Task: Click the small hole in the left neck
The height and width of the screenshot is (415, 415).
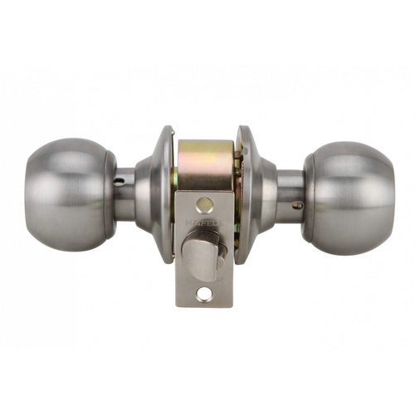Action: pos(120,178)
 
